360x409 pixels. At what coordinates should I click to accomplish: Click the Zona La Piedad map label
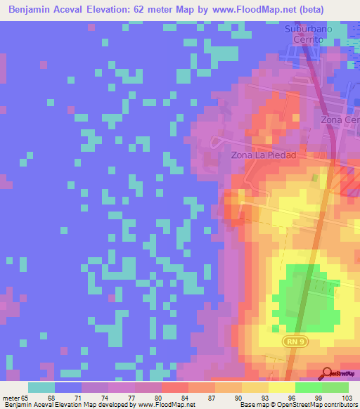[x=260, y=155]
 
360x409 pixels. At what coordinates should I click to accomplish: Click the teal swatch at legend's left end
[x=41, y=387]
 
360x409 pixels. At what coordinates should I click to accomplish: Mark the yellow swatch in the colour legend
[x=281, y=387]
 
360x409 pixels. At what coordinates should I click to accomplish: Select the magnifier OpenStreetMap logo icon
[x=327, y=373]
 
